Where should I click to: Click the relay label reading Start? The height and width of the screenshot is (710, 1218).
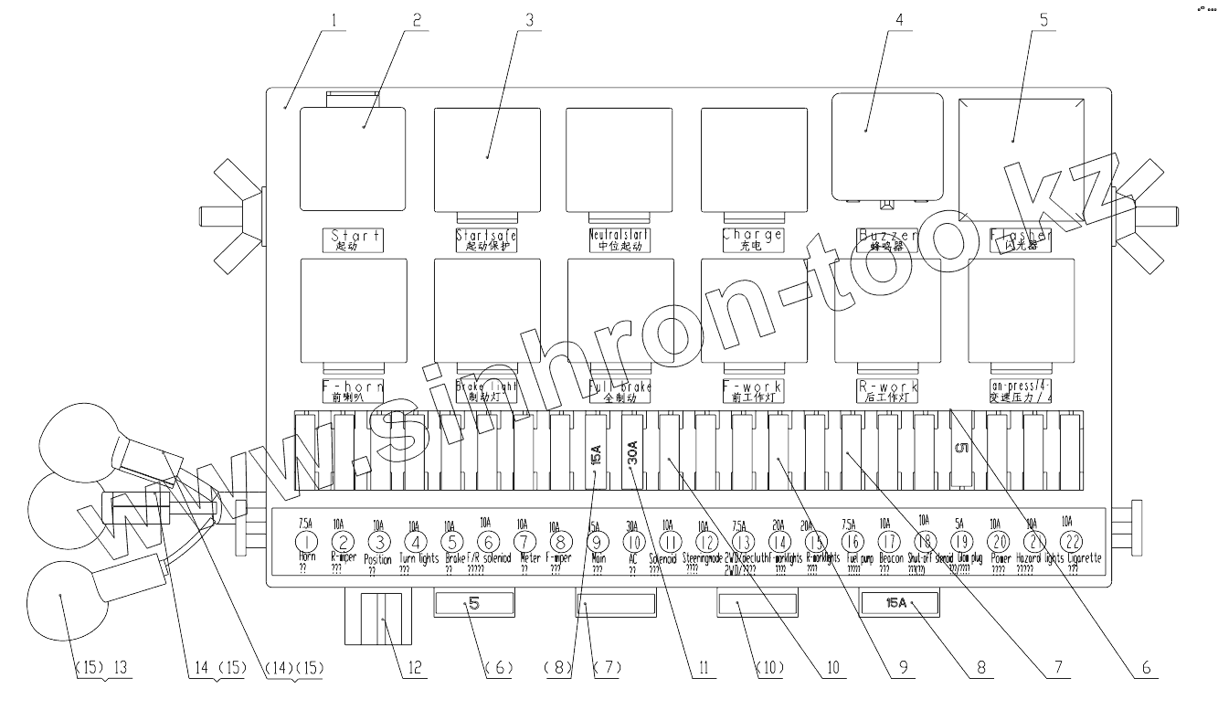[x=354, y=239]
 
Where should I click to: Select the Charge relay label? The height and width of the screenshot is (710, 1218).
[x=753, y=239]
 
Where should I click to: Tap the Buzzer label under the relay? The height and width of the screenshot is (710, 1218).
[x=886, y=239]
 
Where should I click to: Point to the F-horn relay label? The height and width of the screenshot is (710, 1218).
[x=354, y=391]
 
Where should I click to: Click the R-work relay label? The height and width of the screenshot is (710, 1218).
[x=886, y=391]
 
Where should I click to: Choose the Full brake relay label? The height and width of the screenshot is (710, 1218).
[x=620, y=391]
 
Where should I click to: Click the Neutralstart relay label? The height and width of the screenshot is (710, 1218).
[x=620, y=239]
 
